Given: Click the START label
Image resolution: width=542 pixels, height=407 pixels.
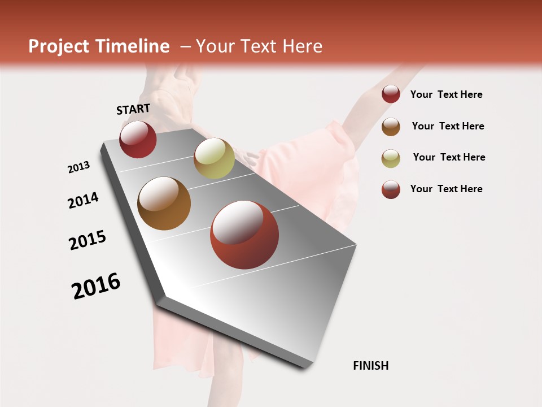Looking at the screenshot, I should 133,109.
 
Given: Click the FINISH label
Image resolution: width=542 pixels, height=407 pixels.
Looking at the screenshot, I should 370,366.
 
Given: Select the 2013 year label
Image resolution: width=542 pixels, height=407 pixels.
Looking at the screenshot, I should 78,167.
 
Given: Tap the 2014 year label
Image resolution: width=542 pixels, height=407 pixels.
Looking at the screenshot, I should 83,200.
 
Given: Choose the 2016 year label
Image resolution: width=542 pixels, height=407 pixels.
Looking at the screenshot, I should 96,285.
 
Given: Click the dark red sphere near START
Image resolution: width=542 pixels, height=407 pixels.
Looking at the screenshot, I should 138,139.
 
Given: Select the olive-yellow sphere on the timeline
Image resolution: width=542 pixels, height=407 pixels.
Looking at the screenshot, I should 214,158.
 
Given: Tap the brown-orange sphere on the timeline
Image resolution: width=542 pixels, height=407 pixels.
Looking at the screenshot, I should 164,203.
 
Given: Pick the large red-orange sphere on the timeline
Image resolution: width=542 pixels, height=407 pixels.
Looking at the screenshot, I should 244,235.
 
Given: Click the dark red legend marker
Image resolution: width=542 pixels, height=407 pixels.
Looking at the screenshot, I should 391,94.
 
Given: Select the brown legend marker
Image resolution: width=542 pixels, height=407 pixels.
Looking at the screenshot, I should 391,126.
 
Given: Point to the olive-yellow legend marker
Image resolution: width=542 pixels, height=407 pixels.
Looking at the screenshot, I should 391,158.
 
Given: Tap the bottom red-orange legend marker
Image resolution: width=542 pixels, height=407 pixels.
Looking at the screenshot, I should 391,189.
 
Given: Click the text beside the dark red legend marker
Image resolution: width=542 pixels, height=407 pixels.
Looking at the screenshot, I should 446,94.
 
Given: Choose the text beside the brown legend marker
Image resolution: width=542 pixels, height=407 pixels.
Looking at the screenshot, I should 448,126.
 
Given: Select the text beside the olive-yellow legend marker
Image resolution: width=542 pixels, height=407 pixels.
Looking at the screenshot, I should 449,157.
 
